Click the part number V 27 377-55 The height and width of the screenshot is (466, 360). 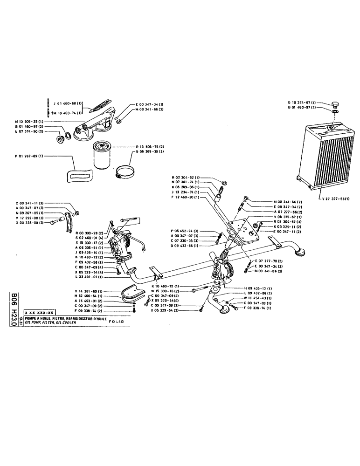tap(337, 198)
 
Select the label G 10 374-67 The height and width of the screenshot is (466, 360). tap(303, 102)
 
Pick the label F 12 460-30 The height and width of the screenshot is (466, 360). tap(186, 198)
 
